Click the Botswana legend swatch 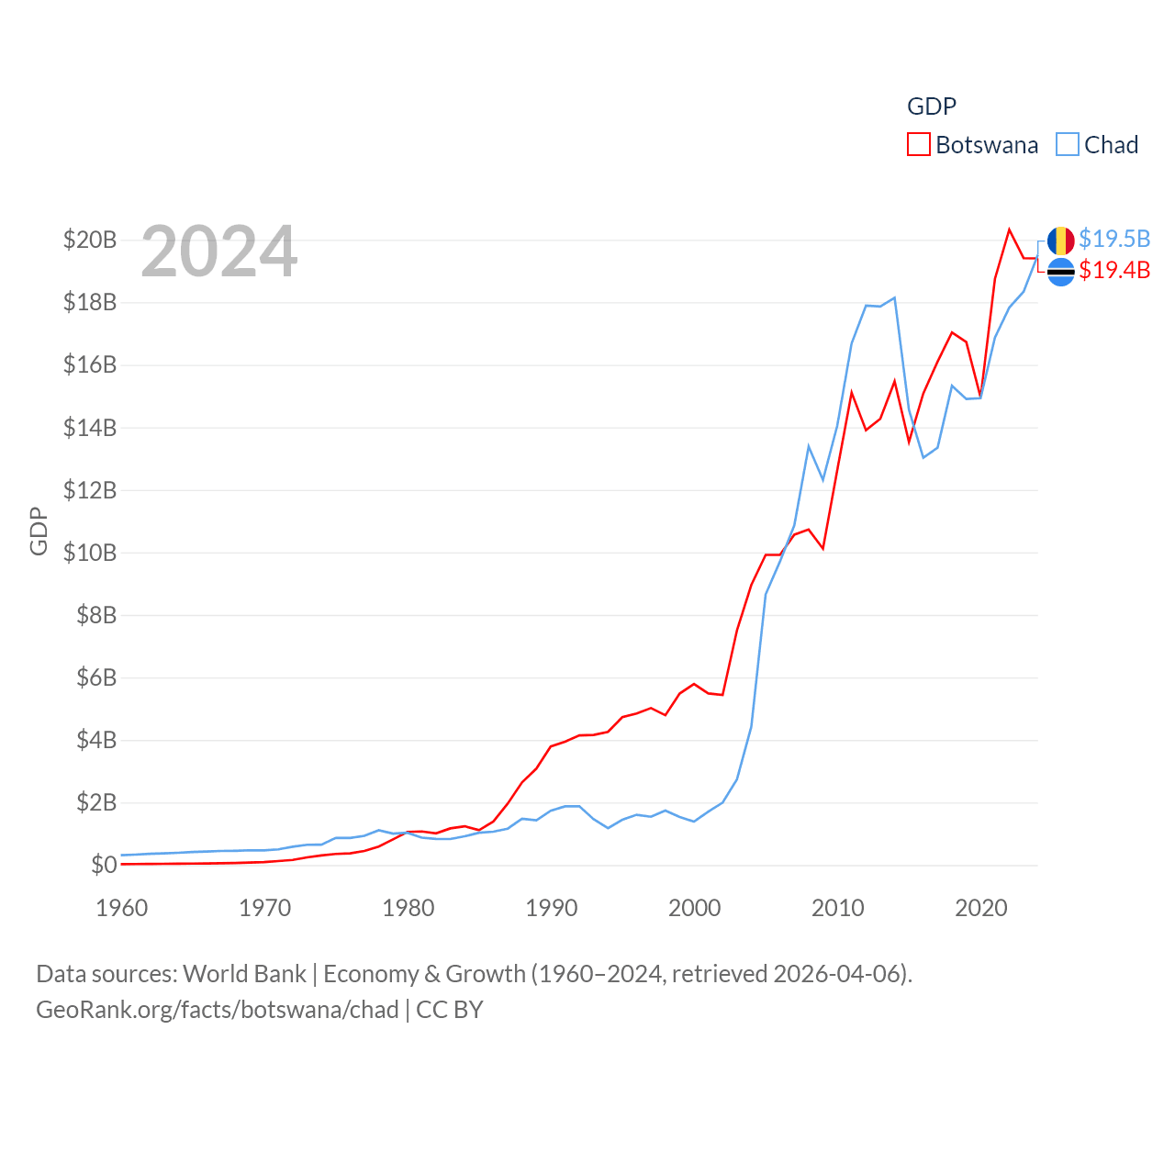point(919,145)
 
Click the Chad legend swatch point(1068,145)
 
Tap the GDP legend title point(932,106)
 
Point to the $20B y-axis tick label point(90,241)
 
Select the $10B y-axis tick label point(90,553)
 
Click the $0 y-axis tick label point(104,865)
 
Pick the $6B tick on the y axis point(96,677)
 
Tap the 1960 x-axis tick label point(122,908)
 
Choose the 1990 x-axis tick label point(552,908)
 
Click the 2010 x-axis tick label point(838,908)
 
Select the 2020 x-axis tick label point(981,908)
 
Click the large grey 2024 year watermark point(219,252)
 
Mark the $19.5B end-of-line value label point(1114,239)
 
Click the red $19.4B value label point(1114,270)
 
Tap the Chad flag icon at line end point(1061,241)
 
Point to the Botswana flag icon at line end point(1061,272)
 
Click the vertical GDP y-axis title point(39,531)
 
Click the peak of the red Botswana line point(1010,229)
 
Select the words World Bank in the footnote point(244,973)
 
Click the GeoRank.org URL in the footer point(218,1010)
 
